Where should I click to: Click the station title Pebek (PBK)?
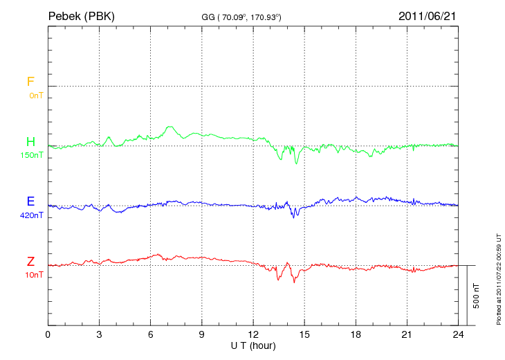click(x=81, y=15)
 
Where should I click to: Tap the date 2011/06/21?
click(x=427, y=15)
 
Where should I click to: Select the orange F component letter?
click(x=30, y=82)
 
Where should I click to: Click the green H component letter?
click(x=30, y=142)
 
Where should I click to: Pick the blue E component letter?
click(x=30, y=201)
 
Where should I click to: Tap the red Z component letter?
click(x=30, y=262)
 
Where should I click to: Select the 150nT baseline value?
click(x=33, y=155)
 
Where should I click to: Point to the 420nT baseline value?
click(x=33, y=215)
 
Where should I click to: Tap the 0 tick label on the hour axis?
click(x=48, y=334)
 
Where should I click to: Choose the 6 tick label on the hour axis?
click(x=151, y=334)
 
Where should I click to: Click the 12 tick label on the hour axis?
click(x=253, y=334)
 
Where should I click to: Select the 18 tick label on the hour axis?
click(x=356, y=334)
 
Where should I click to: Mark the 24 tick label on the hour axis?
click(x=458, y=334)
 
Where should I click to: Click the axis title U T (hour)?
click(x=253, y=345)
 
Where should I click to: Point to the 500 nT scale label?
click(x=477, y=296)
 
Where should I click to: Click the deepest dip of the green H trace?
click(x=297, y=163)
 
